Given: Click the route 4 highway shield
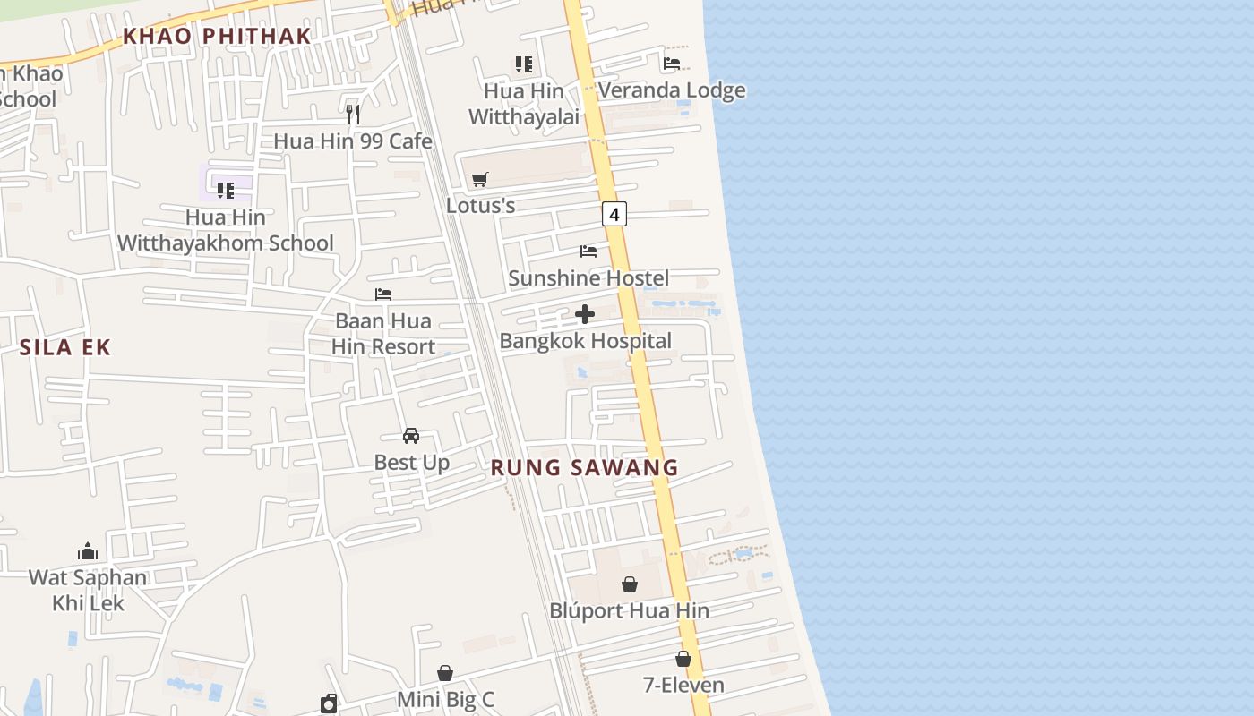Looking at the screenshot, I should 614,215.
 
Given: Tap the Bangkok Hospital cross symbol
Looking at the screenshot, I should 585,314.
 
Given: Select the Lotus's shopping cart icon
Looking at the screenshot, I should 479,180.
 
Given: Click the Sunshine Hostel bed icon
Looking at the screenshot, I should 588,251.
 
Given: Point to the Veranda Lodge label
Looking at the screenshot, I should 671,90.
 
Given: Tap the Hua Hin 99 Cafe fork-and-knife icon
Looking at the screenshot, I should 353,114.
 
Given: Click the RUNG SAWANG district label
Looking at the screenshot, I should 585,467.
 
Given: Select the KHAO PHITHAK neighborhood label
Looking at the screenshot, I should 217,37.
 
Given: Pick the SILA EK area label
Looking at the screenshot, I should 65,348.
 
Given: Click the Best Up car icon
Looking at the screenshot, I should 411,436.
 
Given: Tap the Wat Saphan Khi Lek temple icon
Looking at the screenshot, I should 88,551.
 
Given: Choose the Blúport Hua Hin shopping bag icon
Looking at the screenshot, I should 630,585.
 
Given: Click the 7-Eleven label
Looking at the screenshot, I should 683,686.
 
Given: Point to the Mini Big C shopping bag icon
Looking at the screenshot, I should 445,673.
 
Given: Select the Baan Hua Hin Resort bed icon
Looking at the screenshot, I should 383,294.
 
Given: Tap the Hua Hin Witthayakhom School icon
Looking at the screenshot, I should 226,191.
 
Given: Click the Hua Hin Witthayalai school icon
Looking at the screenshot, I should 524,64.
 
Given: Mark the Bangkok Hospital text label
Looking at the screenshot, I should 585,341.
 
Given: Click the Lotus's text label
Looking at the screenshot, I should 480,206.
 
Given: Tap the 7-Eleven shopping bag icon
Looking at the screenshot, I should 683,660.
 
